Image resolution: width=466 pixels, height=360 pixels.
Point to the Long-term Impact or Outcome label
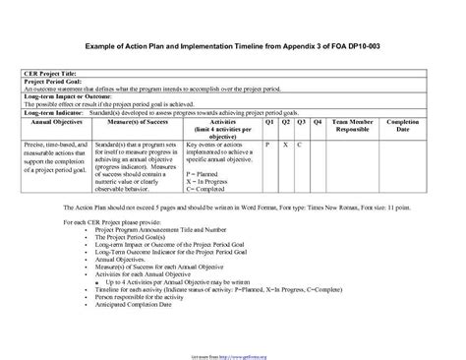point(65,99)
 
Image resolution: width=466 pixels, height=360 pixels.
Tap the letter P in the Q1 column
point(268,144)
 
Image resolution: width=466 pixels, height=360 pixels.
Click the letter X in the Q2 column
point(285,144)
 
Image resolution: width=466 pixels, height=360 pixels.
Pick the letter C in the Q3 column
point(300,144)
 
